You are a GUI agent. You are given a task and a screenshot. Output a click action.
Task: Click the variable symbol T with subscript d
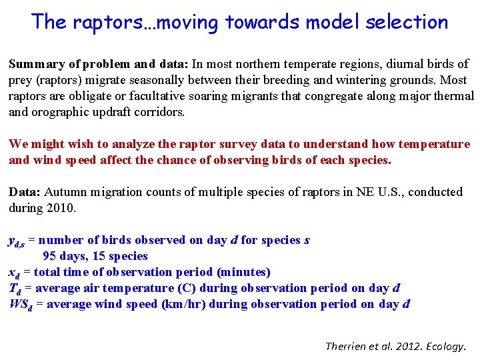(x=15, y=289)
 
